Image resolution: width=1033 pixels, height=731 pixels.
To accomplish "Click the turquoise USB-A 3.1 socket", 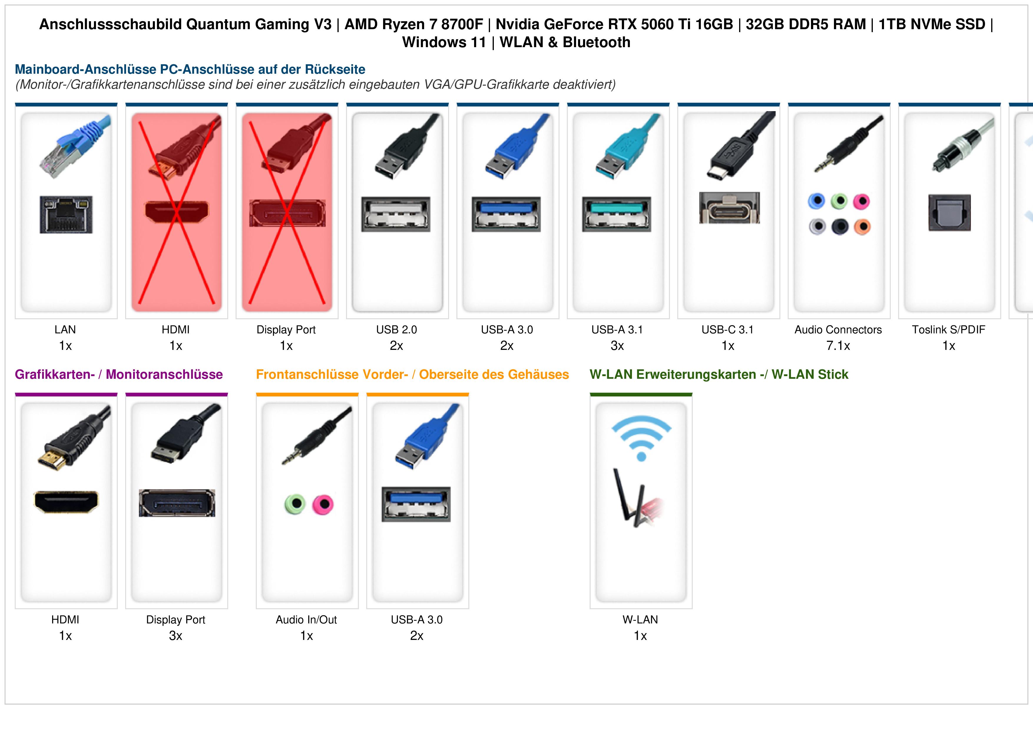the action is point(616,214).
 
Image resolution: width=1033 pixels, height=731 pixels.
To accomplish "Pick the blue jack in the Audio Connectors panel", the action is point(816,201).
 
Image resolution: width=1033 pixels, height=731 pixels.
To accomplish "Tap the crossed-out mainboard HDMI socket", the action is point(176,212).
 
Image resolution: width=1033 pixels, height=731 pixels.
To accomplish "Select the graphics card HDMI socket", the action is point(66,502).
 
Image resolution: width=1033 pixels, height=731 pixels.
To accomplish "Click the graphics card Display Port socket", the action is point(177,503).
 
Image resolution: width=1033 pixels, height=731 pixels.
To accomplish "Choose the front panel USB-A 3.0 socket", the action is point(416,504).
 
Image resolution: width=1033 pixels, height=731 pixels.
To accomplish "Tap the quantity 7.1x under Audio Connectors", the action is point(838,346).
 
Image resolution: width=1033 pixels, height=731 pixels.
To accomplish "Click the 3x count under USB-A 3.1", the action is point(617,346).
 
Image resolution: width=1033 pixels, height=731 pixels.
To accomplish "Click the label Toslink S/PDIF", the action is point(948,330).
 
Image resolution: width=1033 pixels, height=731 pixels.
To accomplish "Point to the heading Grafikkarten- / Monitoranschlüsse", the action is point(119,374).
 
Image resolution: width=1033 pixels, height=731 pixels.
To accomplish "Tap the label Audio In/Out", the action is point(306,620).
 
